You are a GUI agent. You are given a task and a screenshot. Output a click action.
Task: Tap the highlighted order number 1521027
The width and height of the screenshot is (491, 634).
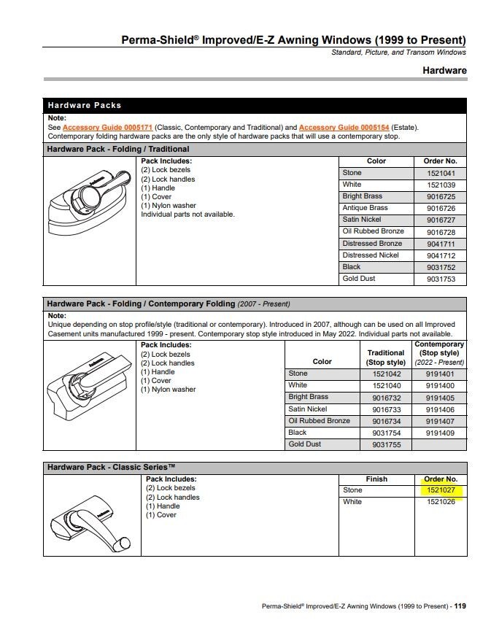click(x=440, y=490)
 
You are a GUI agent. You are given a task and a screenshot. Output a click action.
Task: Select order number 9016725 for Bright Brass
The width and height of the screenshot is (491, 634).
click(x=440, y=196)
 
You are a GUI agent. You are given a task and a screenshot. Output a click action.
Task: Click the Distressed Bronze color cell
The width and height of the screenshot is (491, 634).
click(x=372, y=243)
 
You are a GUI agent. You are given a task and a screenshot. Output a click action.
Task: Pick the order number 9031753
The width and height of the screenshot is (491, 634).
click(x=440, y=279)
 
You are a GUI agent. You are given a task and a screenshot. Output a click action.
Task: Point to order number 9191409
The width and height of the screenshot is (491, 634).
click(x=439, y=433)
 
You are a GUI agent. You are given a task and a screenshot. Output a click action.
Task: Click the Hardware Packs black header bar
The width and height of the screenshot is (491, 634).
click(x=255, y=105)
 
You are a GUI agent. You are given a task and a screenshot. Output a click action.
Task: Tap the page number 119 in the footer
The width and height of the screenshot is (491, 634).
click(x=460, y=606)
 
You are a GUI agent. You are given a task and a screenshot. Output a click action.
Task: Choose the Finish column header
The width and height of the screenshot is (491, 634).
click(x=376, y=479)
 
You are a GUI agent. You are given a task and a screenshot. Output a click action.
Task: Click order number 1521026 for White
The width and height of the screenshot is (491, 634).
click(x=440, y=502)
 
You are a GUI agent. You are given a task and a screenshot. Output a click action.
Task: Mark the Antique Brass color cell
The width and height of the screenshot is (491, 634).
click(x=365, y=208)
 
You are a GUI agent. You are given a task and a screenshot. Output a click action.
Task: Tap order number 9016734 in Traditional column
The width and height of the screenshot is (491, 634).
click(x=386, y=421)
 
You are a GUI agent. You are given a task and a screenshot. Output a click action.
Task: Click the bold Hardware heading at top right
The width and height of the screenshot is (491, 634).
click(x=444, y=71)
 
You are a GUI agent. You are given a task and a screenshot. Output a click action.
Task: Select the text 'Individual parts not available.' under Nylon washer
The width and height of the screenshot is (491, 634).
click(x=187, y=214)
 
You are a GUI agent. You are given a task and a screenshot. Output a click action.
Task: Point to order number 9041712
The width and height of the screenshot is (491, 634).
click(x=440, y=255)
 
